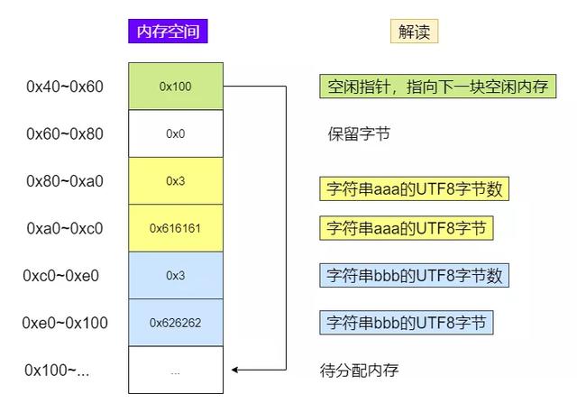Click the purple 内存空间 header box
click(168, 32)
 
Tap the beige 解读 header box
click(414, 32)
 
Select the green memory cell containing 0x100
click(176, 86)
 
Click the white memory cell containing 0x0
click(176, 133)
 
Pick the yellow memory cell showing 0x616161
click(176, 228)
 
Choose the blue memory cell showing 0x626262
click(176, 323)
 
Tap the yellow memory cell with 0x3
click(176, 180)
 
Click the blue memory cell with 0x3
click(176, 275)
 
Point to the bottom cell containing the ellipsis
click(176, 370)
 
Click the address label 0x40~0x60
click(65, 87)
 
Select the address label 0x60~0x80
click(65, 133)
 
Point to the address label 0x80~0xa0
click(65, 181)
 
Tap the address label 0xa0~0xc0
click(65, 228)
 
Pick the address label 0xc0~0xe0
click(60, 276)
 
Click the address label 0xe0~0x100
click(65, 323)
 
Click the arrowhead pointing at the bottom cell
click(234, 370)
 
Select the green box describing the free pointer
click(437, 87)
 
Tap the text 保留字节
click(359, 133)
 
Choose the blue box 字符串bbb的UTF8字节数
click(414, 275)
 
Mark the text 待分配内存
click(359, 370)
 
